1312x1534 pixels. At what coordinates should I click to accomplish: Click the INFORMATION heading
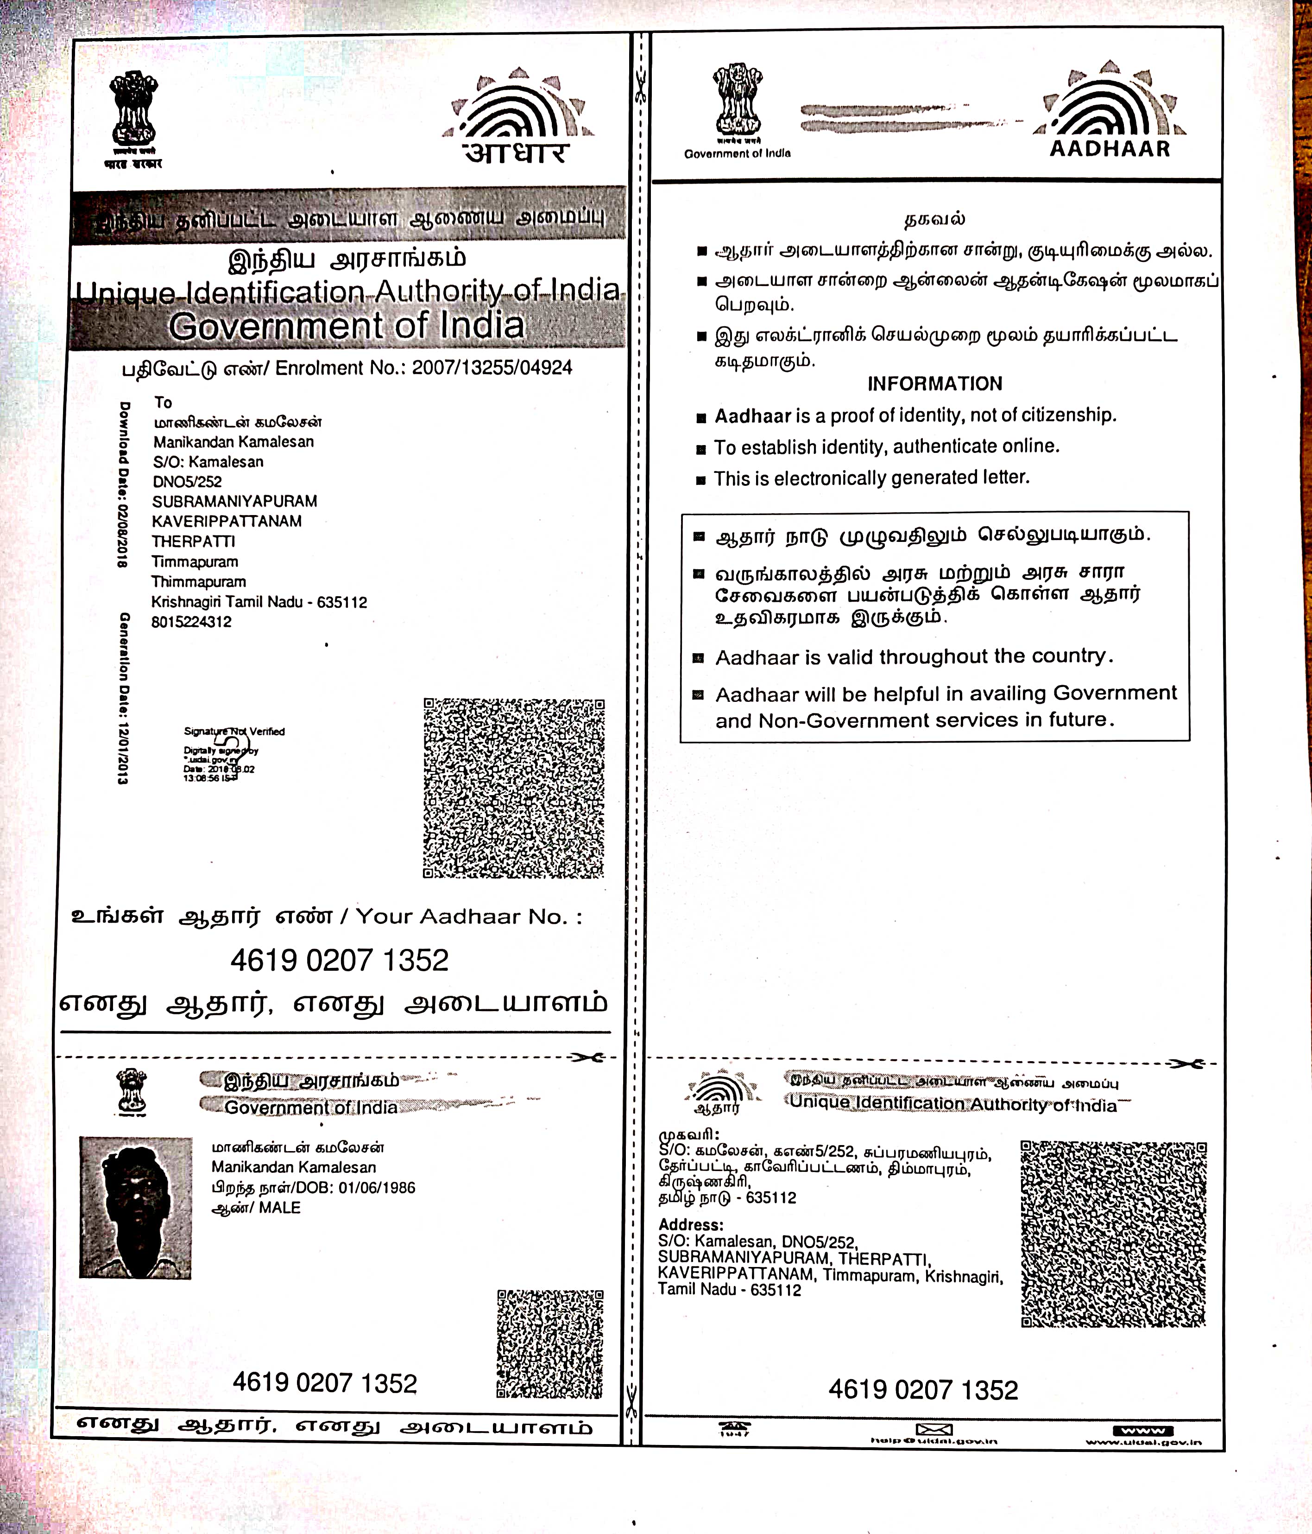tap(934, 383)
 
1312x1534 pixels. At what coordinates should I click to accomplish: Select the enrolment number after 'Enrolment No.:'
tap(492, 368)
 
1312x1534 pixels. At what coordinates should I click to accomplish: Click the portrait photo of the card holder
tap(135, 1208)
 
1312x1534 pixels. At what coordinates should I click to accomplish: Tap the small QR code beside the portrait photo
tap(550, 1344)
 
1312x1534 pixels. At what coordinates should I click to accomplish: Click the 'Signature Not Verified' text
tap(234, 732)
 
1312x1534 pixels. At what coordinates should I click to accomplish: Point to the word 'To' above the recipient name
tap(163, 403)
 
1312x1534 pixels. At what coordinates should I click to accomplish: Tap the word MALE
tap(280, 1208)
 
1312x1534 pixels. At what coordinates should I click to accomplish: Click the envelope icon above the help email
tap(934, 1429)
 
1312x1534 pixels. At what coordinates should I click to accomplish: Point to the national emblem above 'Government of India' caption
tap(738, 100)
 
